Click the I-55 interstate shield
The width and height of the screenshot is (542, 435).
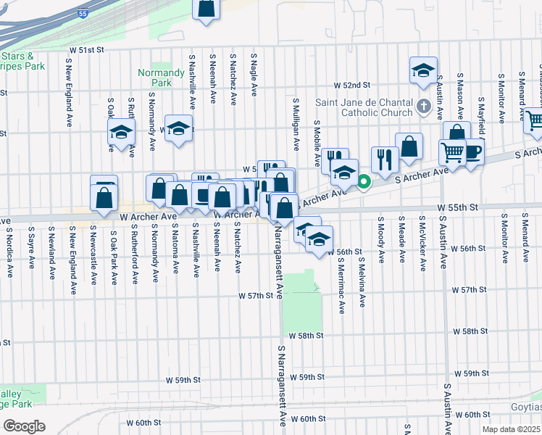point(86,14)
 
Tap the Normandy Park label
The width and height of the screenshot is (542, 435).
point(161,78)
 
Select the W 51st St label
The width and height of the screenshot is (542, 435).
point(87,49)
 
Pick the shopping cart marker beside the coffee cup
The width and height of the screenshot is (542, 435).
point(452,152)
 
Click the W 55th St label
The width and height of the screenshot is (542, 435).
point(458,207)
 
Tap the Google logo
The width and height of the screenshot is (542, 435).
point(24,426)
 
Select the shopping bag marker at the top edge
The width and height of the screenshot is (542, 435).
point(207,9)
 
